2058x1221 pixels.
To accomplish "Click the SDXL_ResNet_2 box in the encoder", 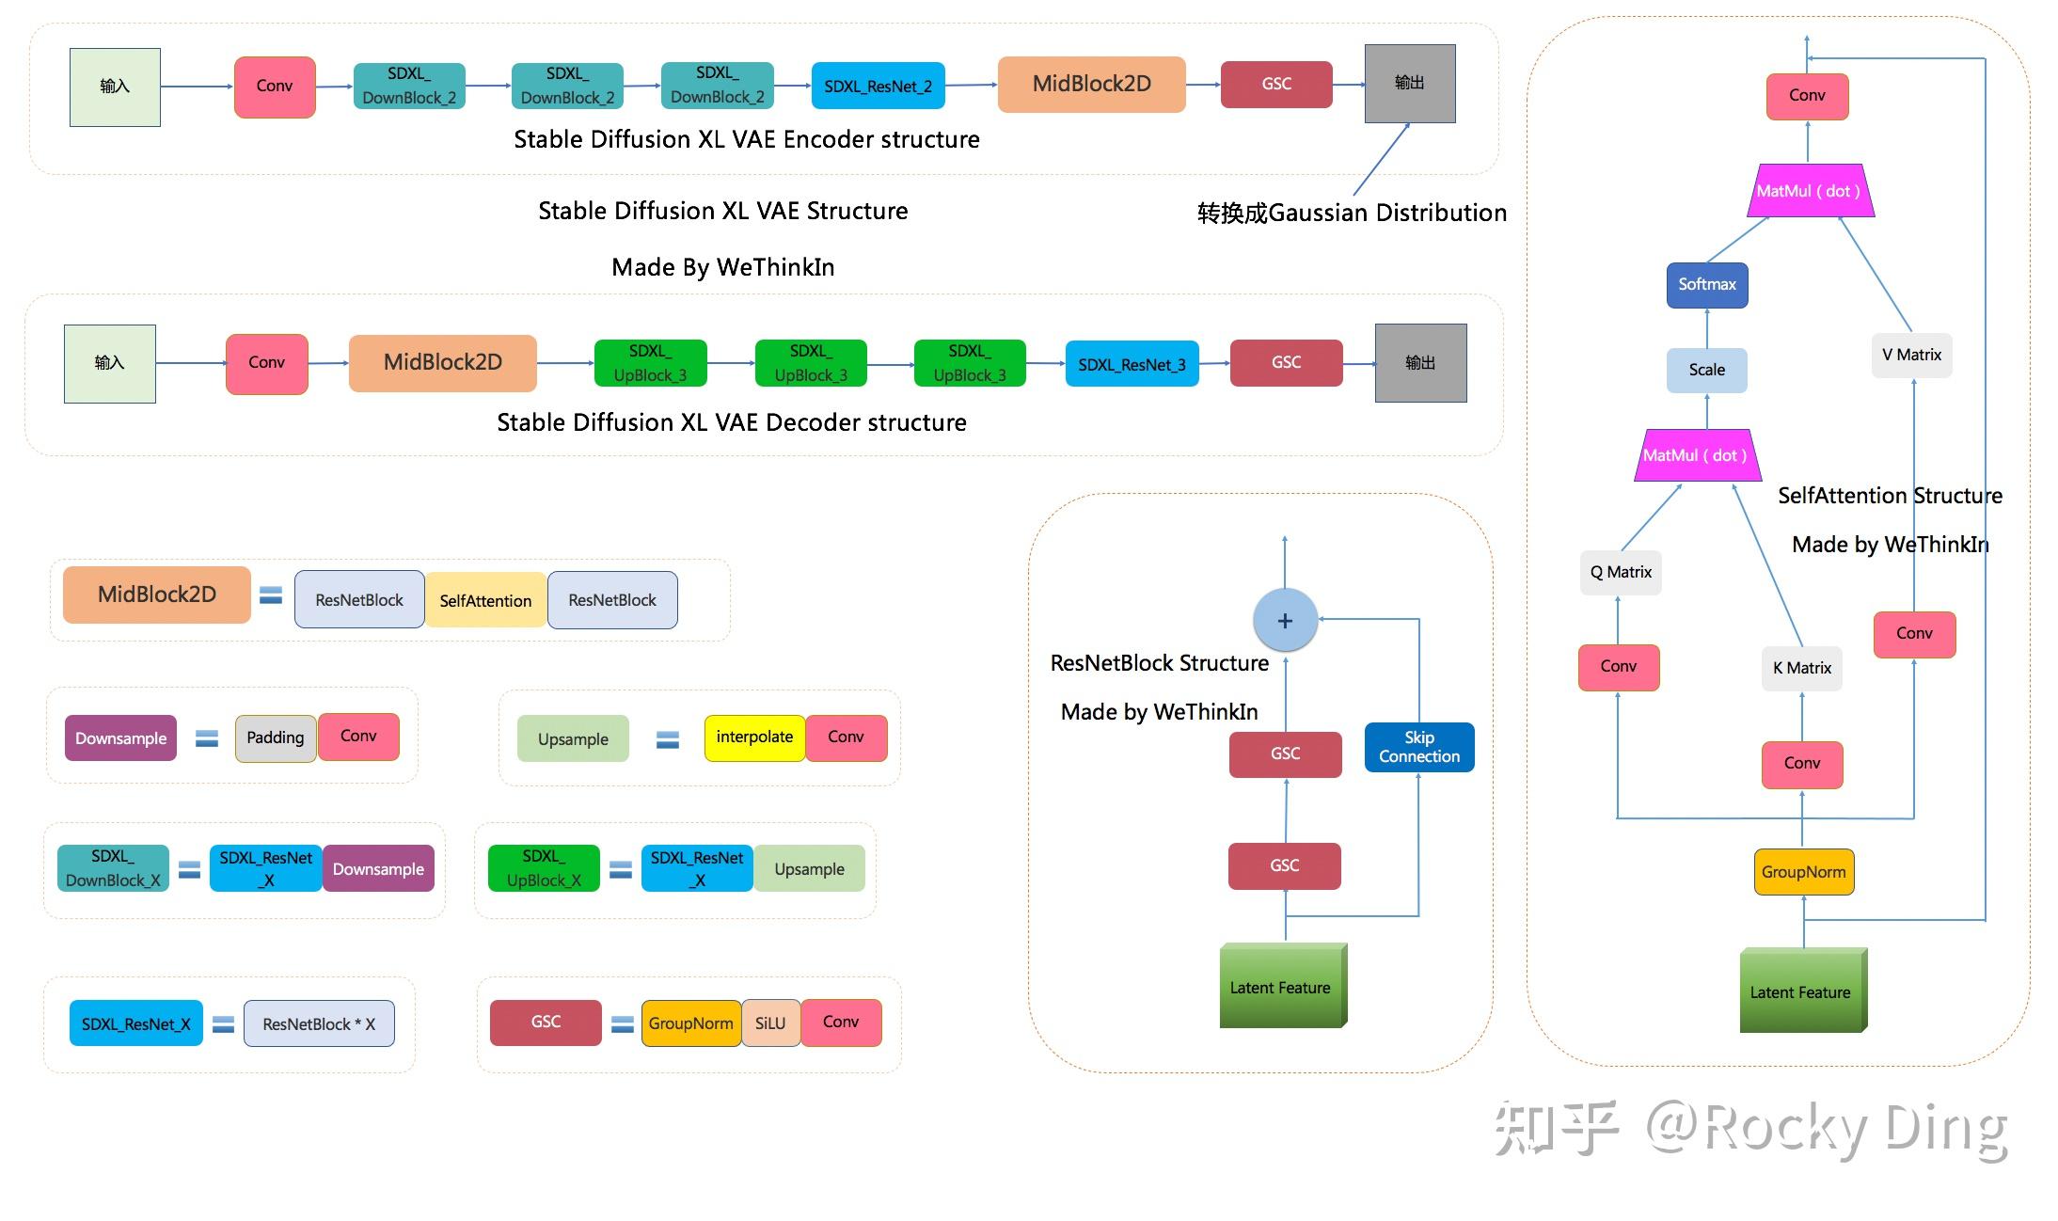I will click(x=878, y=87).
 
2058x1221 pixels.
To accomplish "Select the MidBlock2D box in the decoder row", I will click(x=442, y=362).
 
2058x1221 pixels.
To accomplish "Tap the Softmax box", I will click(x=1706, y=284).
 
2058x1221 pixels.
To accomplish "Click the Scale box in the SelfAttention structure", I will click(x=1706, y=370).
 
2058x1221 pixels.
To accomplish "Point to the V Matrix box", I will click(x=1911, y=355).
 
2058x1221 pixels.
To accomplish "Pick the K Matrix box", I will click(x=1801, y=668).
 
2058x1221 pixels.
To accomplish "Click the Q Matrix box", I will click(x=1621, y=572).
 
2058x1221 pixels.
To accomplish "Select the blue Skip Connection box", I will click(x=1418, y=747).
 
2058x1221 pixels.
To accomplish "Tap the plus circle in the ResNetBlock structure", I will click(x=1285, y=621).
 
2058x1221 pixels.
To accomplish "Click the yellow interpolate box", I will click(x=753, y=737).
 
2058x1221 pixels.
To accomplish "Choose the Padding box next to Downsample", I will click(x=275, y=737).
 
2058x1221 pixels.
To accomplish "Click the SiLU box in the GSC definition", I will click(x=770, y=1023).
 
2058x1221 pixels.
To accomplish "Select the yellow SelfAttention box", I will click(x=485, y=600).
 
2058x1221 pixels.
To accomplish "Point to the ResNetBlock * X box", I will click(x=319, y=1023).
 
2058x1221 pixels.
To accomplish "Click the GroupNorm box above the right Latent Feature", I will click(x=1803, y=872).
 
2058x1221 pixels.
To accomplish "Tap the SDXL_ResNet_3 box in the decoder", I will click(x=1132, y=364).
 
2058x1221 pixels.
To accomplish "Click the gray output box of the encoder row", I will click(x=1409, y=83).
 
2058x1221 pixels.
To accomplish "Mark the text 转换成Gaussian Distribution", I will click(x=1352, y=213).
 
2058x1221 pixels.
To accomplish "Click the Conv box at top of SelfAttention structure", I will click(x=1807, y=96).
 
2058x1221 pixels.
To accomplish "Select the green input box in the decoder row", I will click(x=109, y=363).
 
